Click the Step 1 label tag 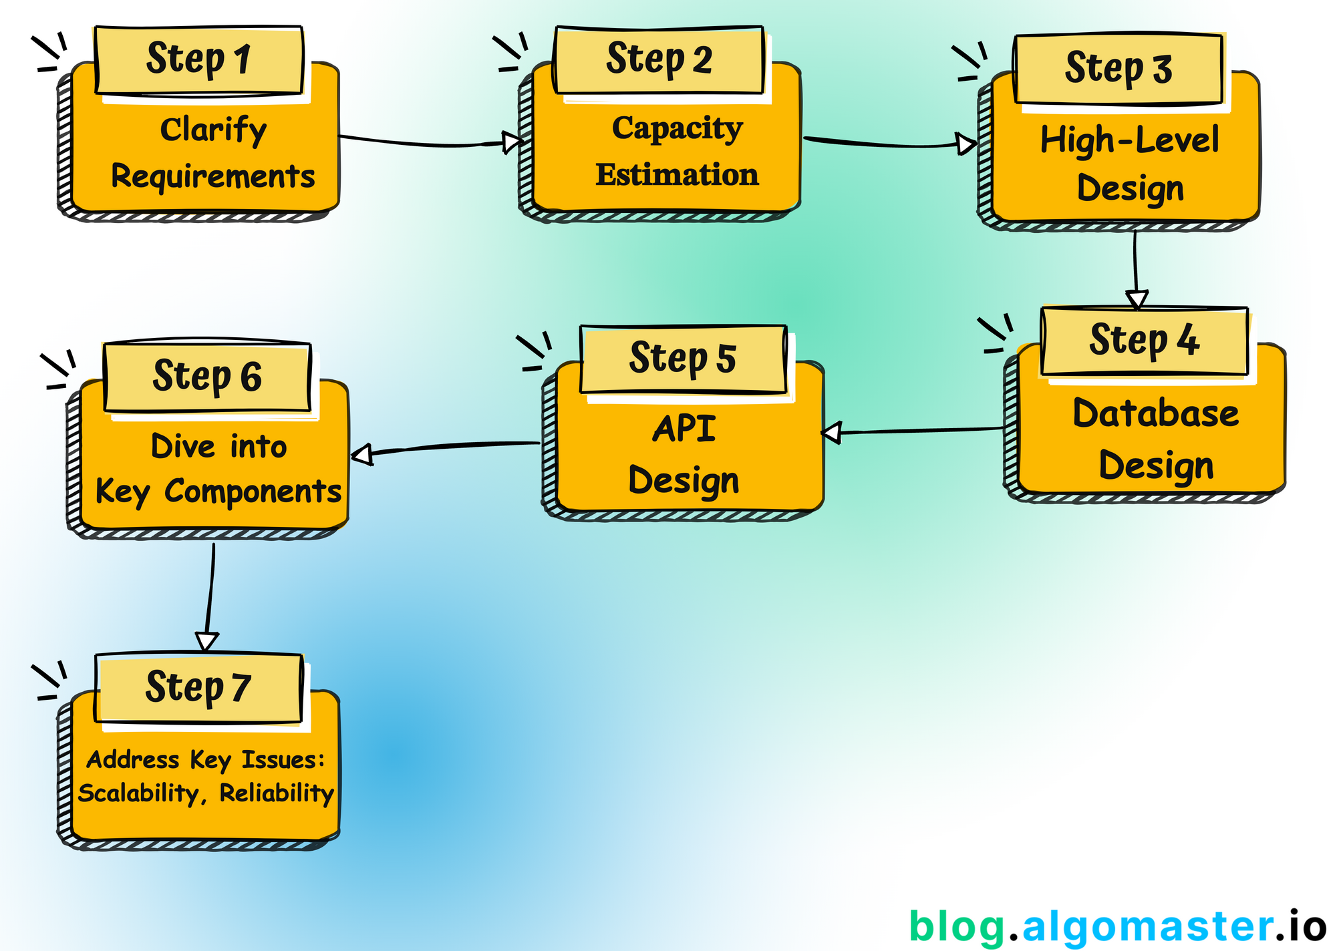coord(199,60)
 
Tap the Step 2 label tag coord(659,60)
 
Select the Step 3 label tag coord(1118,69)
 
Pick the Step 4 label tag coord(1144,341)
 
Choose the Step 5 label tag coord(683,359)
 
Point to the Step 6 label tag coord(207,377)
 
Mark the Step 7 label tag coord(198,688)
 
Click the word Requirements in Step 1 coord(212,177)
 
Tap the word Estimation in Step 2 coord(677,175)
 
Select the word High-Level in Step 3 coord(1129,141)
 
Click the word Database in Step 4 coord(1155,413)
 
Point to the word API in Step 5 coord(684,429)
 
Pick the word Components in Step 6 coord(253,492)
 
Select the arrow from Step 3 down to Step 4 coord(1135,267)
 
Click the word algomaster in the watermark coord(1147,926)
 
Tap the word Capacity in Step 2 coord(677,128)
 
